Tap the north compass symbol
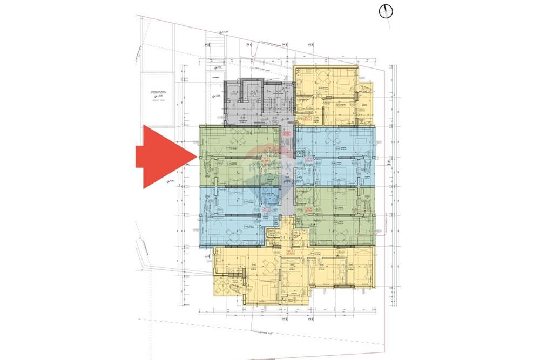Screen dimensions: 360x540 tap(386, 11)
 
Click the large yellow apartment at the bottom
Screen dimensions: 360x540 tap(292, 273)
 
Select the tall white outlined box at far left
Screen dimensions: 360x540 tap(157, 100)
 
